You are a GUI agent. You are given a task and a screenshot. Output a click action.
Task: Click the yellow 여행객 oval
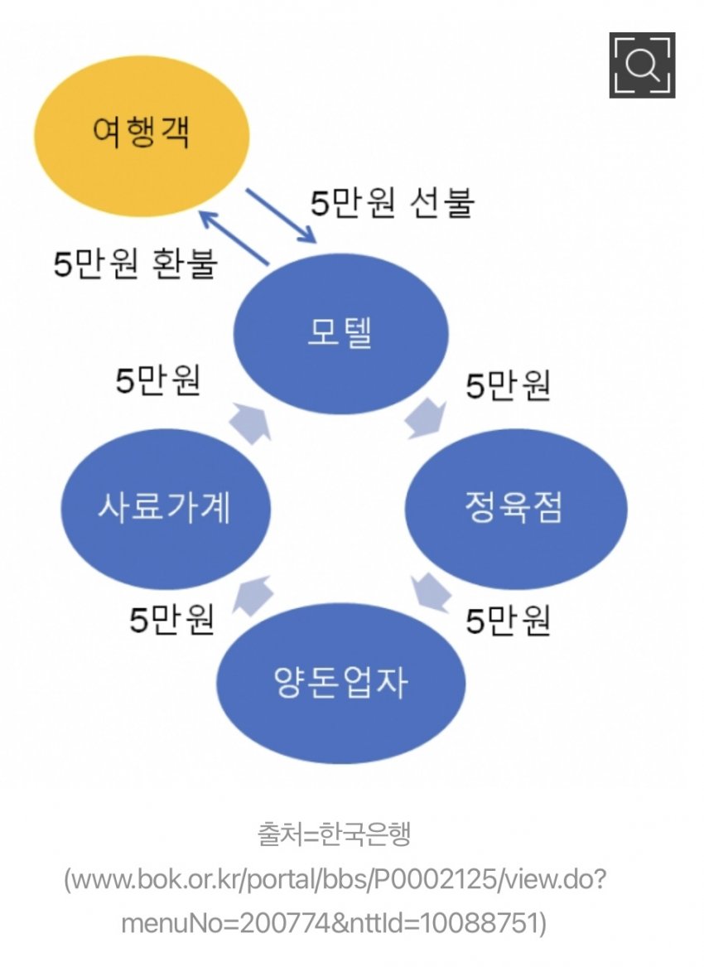(141, 132)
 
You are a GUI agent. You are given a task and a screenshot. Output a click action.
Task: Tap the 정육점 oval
(514, 508)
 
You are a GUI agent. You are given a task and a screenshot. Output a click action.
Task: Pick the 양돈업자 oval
(340, 683)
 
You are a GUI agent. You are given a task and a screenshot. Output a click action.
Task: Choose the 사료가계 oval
(166, 508)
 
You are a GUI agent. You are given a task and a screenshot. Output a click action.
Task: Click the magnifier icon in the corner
(642, 65)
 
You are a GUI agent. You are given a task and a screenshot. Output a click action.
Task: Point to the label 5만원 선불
(391, 202)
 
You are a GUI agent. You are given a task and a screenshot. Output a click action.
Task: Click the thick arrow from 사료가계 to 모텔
(253, 422)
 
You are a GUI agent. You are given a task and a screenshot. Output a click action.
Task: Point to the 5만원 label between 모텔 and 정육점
(508, 386)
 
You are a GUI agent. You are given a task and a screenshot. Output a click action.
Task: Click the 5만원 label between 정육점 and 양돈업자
(508, 621)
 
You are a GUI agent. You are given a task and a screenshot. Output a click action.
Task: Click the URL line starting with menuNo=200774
(335, 921)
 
